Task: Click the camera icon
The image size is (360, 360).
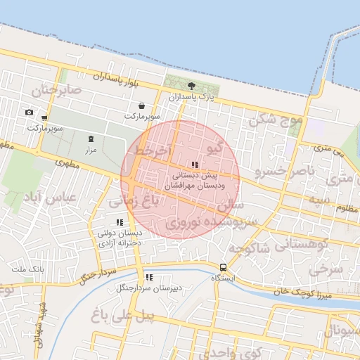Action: [x=29, y=112]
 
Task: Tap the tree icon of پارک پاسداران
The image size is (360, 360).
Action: [x=191, y=85]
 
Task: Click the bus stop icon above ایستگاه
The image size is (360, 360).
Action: [x=223, y=267]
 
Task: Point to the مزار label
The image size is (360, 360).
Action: [x=90, y=150]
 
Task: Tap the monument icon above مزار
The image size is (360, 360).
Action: [x=90, y=139]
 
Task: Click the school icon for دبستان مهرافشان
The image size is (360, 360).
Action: [x=195, y=165]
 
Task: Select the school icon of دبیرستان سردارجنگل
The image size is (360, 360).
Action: [x=149, y=277]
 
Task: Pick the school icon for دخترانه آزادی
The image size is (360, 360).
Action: [x=119, y=223]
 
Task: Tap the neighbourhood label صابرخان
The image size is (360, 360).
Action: [x=56, y=90]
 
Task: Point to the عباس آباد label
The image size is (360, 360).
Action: [x=49, y=198]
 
